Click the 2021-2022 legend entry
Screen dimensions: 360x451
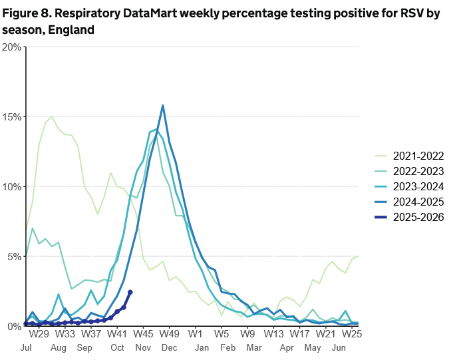pos(418,156)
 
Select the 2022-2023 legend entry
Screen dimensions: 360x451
pos(418,172)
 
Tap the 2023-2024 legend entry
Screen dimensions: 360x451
pos(418,187)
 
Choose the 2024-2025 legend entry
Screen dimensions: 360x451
pos(418,202)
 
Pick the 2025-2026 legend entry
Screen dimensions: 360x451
pos(418,218)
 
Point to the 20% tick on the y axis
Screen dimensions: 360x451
pos(11,47)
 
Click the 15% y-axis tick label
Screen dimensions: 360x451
pos(11,116)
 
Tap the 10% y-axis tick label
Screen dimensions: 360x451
pos(11,186)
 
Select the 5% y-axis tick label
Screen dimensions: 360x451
pos(13,256)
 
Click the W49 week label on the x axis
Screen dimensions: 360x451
pos(170,333)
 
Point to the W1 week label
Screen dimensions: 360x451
pos(196,333)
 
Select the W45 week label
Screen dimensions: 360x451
pos(144,333)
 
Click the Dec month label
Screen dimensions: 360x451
pos(169,348)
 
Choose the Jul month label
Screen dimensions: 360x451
pos(27,348)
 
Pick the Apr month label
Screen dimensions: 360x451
pos(287,348)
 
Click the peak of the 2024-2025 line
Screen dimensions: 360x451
pos(163,105)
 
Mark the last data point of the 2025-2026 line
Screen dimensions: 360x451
pos(130,292)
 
